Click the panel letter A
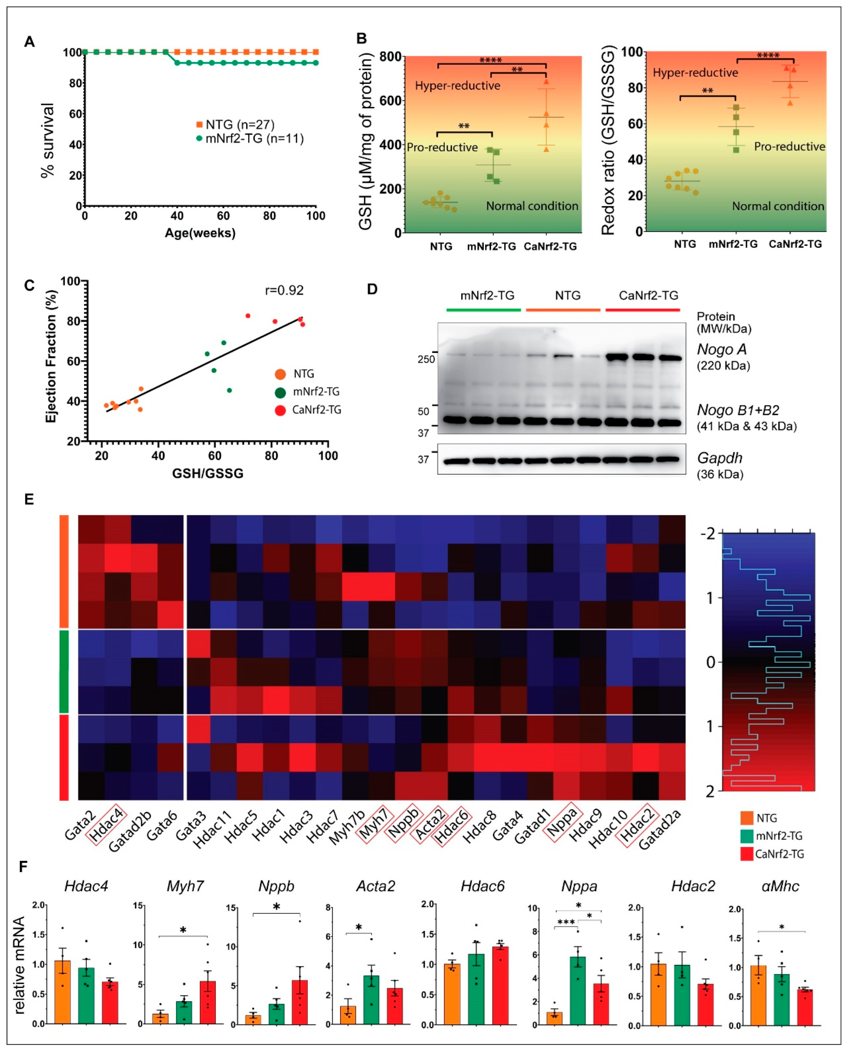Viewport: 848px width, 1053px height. coord(29,42)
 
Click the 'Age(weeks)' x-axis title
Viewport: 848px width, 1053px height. coord(200,233)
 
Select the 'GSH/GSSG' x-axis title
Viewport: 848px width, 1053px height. coord(208,473)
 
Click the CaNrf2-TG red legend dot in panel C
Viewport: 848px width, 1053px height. coord(280,410)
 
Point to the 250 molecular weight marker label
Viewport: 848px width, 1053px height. coord(426,359)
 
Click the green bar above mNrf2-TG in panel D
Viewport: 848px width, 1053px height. coord(483,310)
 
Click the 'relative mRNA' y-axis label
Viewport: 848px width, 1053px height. coord(19,965)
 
